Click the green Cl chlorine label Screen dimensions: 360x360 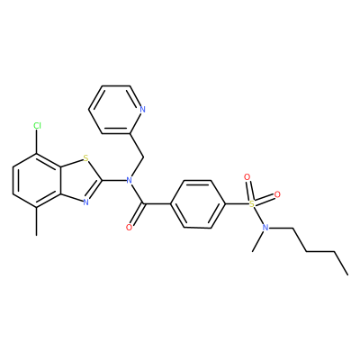point(37,126)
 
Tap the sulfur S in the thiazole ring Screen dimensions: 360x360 point(85,157)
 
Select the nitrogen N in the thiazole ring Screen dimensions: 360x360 point(85,202)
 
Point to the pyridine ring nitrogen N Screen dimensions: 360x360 point(142,109)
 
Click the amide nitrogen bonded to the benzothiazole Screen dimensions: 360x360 point(130,180)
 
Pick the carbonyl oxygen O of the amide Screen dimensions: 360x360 point(130,228)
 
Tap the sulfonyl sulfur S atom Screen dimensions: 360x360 point(252,204)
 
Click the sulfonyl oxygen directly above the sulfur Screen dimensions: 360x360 point(247,177)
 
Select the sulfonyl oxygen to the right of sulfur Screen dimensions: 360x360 point(277,194)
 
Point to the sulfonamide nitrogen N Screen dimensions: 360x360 point(265,228)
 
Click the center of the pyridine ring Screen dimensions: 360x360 point(115,110)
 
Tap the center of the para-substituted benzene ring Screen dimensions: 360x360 point(198,204)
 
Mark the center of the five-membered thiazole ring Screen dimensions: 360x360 point(78,180)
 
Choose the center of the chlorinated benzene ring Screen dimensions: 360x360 point(37,180)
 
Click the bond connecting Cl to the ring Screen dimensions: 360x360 point(37,142)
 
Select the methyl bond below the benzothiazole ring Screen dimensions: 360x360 point(37,221)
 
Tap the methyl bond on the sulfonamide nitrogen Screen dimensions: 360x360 point(258,241)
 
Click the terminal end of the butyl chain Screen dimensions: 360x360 point(347,274)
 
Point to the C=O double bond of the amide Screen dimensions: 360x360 point(138,214)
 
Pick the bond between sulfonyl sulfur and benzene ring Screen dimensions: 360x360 point(237,204)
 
